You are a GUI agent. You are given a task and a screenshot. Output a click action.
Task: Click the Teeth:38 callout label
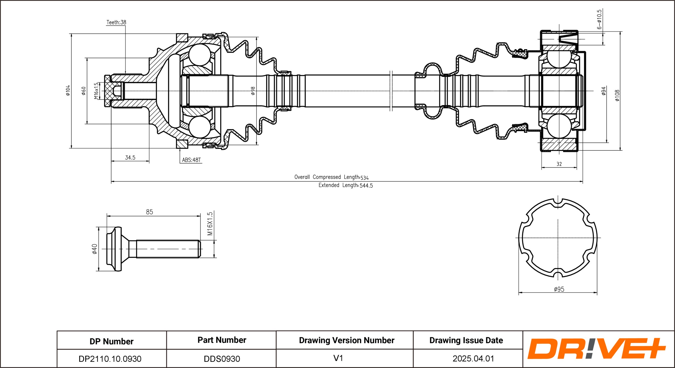(x=116, y=22)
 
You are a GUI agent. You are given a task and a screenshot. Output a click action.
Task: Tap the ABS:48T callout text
(x=191, y=160)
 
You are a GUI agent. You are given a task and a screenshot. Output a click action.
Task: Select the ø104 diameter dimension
(x=68, y=90)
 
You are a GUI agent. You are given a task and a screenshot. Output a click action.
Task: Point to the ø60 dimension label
(x=83, y=91)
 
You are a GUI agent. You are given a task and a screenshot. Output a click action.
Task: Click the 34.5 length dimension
(x=130, y=158)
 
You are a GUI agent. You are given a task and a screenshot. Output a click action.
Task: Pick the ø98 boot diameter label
(x=253, y=91)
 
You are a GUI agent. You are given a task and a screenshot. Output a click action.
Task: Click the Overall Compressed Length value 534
(x=364, y=178)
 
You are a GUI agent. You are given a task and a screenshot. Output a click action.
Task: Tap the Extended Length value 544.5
(x=366, y=186)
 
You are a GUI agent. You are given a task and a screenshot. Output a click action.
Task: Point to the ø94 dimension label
(x=604, y=91)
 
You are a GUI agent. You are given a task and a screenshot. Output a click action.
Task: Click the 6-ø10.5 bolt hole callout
(x=599, y=19)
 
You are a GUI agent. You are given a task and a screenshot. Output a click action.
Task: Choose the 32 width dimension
(x=559, y=164)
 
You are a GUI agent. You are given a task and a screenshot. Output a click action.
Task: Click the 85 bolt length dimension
(x=149, y=212)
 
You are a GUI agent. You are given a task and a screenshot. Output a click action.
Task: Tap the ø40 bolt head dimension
(x=94, y=249)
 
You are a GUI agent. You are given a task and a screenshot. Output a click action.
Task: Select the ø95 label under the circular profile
(x=559, y=289)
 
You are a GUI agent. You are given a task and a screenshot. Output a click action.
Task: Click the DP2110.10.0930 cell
(x=110, y=359)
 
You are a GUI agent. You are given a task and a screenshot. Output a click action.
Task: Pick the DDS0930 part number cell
(x=222, y=359)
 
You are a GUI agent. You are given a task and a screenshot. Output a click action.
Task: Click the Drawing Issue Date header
(x=466, y=340)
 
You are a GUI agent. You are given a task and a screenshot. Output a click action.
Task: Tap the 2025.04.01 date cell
(x=473, y=359)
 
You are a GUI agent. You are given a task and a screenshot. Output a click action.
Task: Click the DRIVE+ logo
(x=597, y=349)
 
